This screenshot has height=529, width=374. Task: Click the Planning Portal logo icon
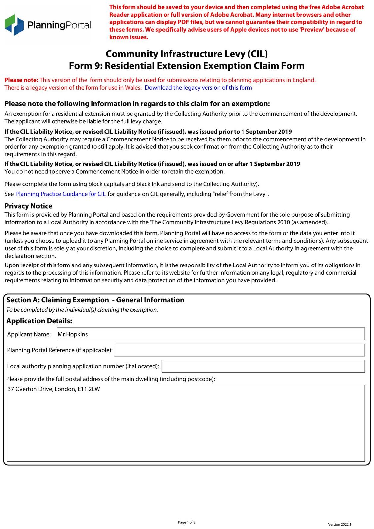tap(14, 25)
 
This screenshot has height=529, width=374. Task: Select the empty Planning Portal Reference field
tap(239, 350)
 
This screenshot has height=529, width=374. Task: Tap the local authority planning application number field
tap(263, 366)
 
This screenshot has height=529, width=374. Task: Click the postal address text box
tap(186, 423)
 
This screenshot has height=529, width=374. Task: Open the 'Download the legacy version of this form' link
tap(198, 88)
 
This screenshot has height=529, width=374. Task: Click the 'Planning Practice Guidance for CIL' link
tap(61, 194)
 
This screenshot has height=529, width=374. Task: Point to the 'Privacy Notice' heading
tap(28, 206)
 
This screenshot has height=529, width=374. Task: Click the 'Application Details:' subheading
tap(39, 321)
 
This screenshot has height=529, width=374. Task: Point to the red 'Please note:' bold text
tap(21, 80)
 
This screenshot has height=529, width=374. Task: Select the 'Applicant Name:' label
tap(29, 334)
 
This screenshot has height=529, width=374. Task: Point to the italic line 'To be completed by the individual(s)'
tap(82, 310)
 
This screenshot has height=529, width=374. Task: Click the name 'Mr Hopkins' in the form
tap(73, 334)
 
